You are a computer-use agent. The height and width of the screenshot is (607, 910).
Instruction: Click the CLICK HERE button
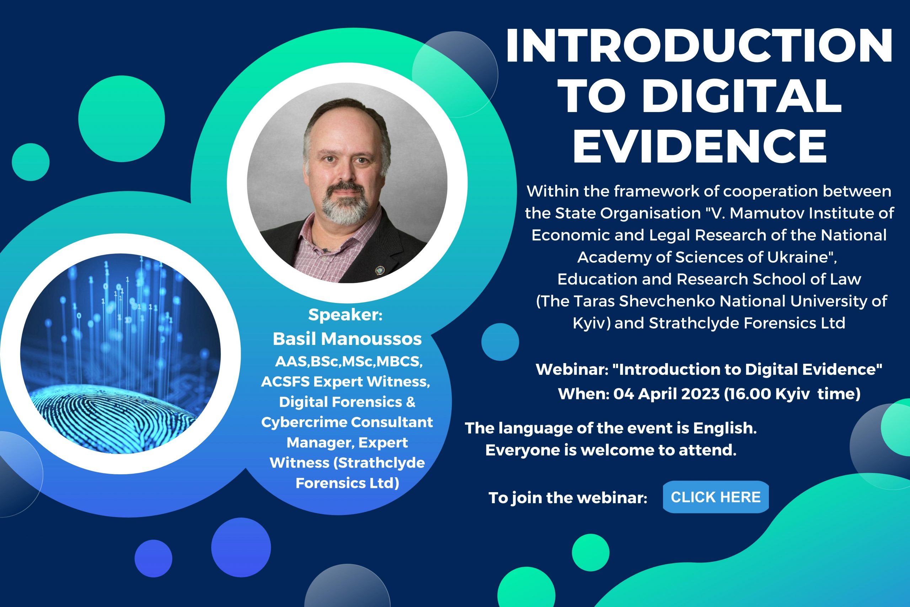(716, 497)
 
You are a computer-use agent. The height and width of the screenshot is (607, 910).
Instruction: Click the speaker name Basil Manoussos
(347, 339)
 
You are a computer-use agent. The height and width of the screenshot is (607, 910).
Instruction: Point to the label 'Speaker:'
(345, 315)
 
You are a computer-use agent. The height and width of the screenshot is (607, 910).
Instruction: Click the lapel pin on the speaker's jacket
(380, 270)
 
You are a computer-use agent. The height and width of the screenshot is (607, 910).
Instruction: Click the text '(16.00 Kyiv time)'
(792, 394)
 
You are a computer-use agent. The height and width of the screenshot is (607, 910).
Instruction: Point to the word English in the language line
(725, 428)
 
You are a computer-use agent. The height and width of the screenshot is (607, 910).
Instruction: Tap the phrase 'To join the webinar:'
(568, 498)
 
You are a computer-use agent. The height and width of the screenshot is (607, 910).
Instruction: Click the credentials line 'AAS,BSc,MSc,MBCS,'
(349, 362)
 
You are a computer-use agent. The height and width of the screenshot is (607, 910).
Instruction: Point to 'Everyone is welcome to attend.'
(611, 450)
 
